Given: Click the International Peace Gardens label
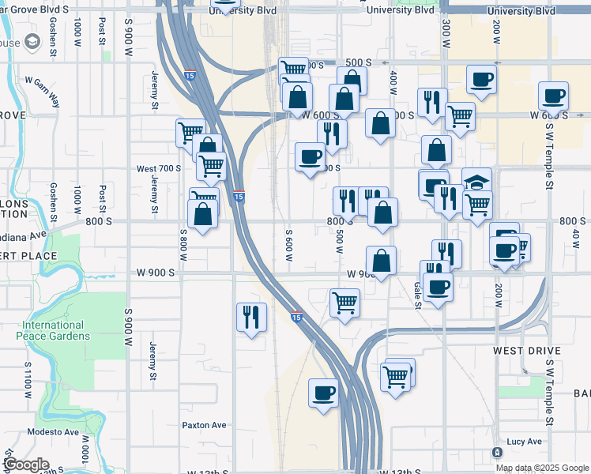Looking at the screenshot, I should coord(53,330).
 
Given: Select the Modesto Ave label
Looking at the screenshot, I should coord(53,432).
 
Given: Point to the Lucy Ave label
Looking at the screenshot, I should coord(525,442).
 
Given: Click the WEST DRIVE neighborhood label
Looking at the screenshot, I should coord(526,350).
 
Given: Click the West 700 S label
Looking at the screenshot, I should coord(158,168).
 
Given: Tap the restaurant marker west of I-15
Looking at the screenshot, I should coord(251,318).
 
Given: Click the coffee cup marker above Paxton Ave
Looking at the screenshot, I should coord(322,393).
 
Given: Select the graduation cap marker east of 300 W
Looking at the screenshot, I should coord(476,181).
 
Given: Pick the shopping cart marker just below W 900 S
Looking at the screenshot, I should coord(344,302).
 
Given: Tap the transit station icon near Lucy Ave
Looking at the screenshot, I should coord(497,453).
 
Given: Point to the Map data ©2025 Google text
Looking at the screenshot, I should coord(541,468).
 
